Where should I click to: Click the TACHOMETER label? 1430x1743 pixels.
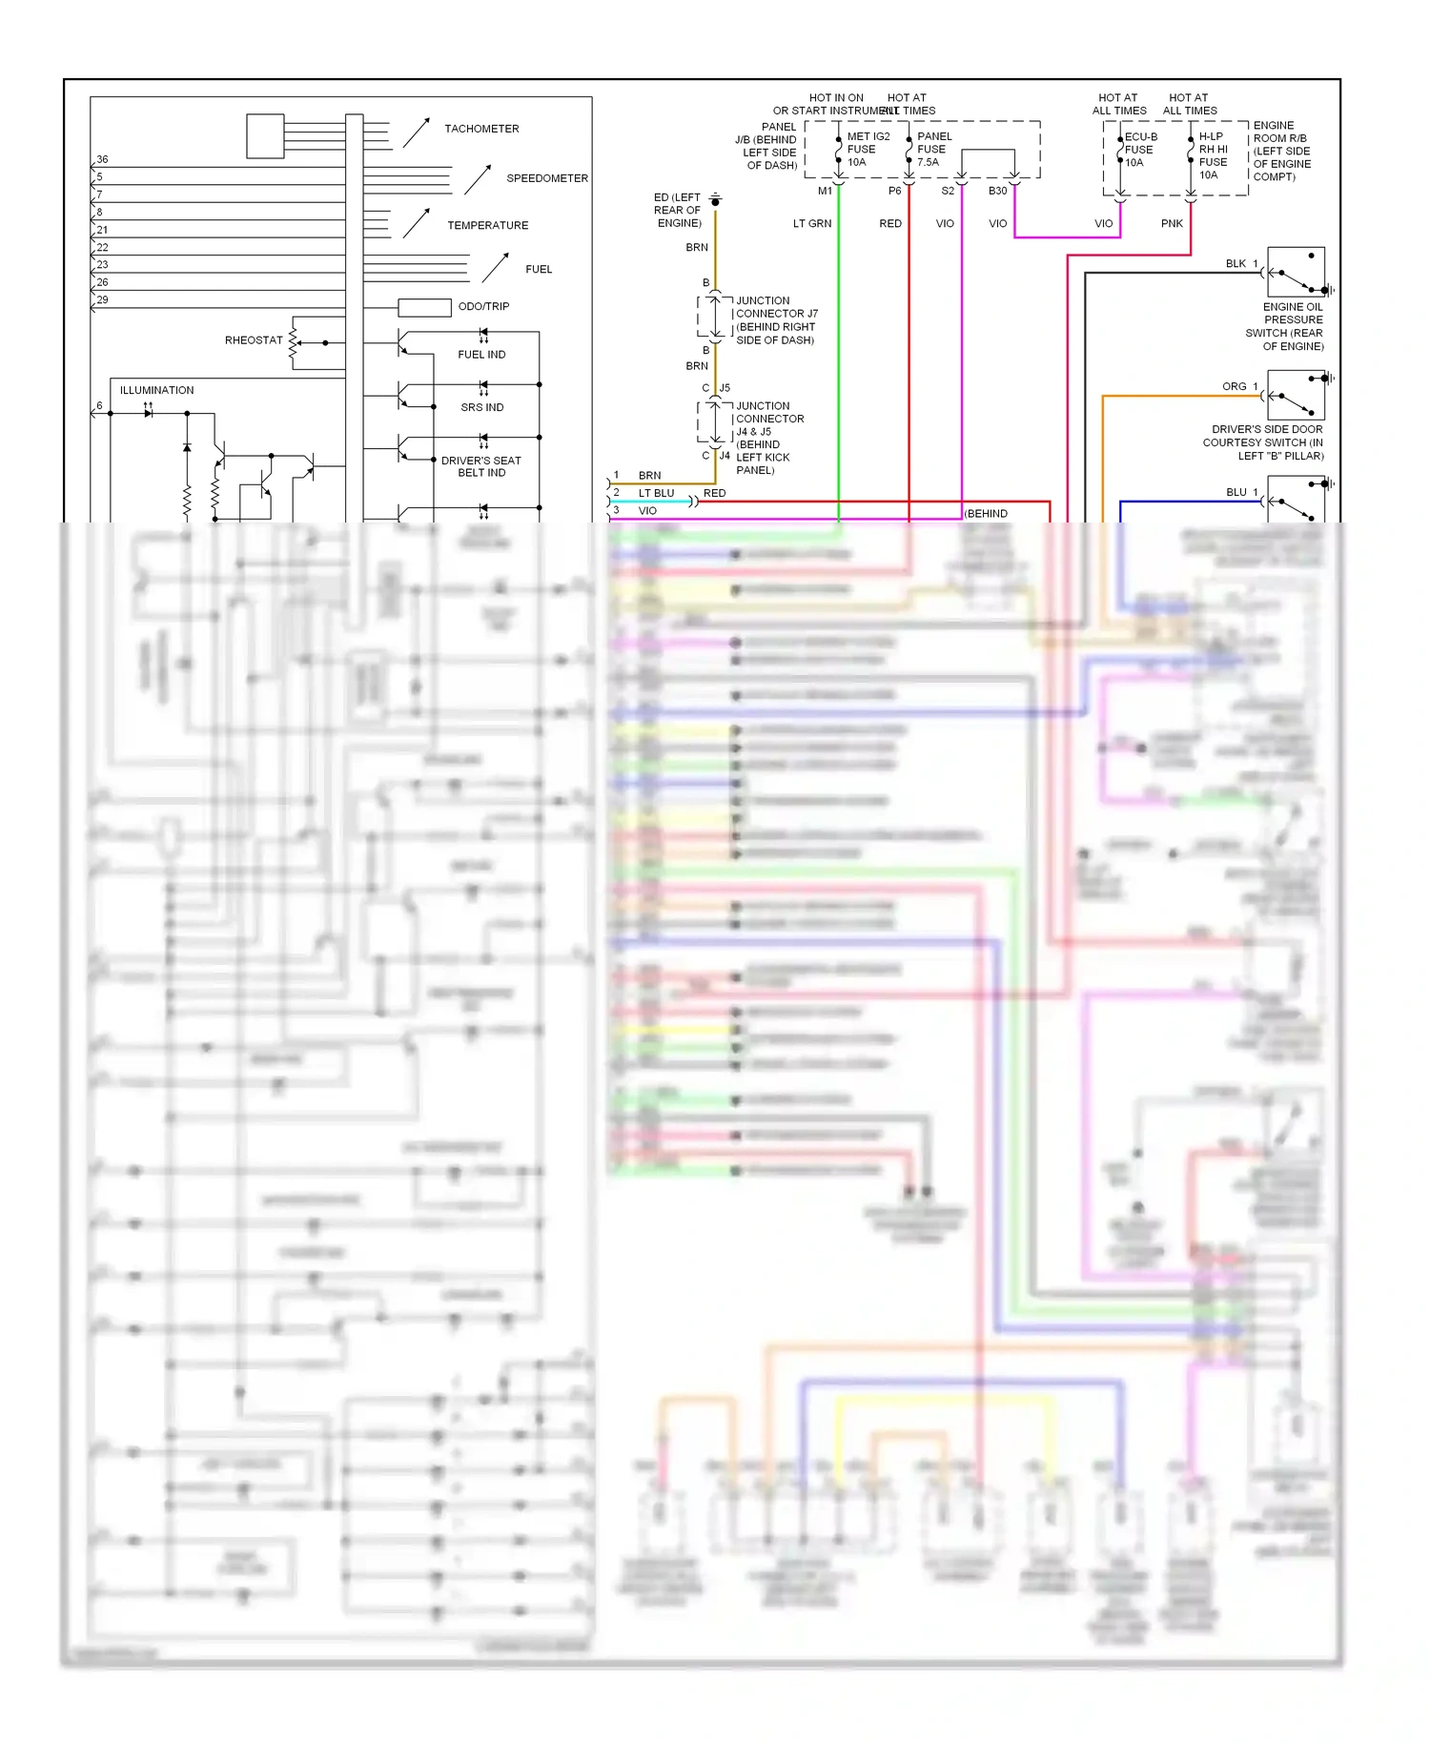pos(481,129)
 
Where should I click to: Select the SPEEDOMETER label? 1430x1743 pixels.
pos(546,178)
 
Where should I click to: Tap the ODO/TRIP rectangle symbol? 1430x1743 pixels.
pos(424,307)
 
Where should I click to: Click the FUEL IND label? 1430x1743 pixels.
pos(481,355)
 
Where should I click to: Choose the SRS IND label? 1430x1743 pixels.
pos(481,407)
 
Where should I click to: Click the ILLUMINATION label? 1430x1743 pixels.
pos(156,390)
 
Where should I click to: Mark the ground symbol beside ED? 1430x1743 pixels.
pos(715,200)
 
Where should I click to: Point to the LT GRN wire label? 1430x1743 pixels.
pos(811,224)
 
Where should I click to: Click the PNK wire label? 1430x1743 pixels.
pos(1172,224)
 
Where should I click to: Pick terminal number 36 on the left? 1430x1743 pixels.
pos(102,159)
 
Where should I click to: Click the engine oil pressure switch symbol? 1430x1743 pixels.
pos(1297,273)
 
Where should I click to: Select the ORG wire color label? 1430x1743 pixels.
pos(1234,386)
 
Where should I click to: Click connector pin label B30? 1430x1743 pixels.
pos(997,191)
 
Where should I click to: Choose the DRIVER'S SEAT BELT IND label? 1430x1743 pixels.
pos(481,466)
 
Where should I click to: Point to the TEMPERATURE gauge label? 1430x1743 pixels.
pos(487,226)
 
